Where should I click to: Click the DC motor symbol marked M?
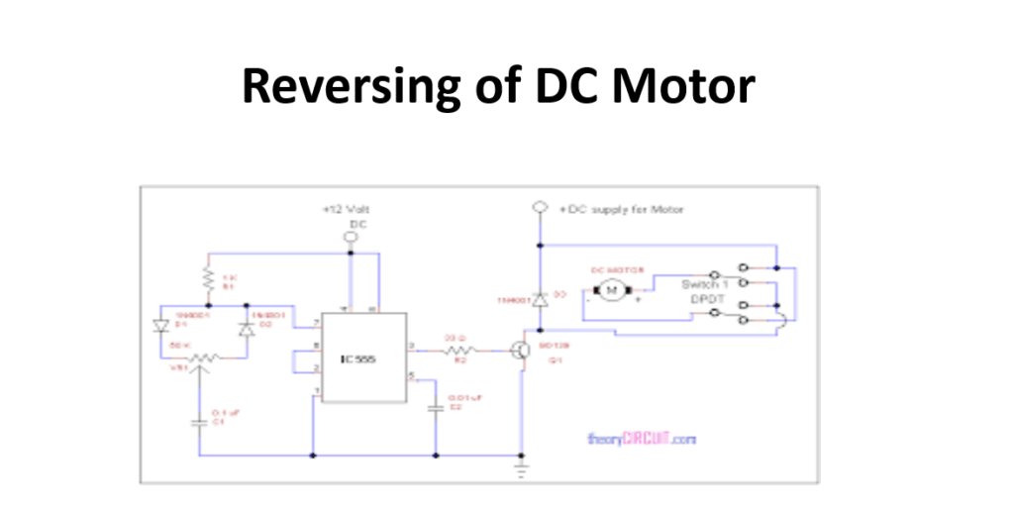(612, 290)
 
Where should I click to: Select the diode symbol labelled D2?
(246, 328)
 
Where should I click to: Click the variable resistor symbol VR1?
(202, 358)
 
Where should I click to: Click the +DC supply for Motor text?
(621, 210)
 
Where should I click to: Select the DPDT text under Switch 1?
(705, 298)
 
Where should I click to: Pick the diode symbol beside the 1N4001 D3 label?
(540, 298)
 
